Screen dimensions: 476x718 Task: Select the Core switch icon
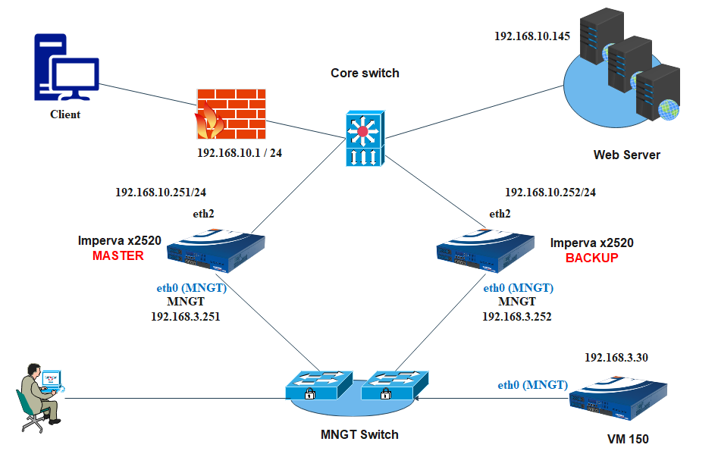(x=365, y=138)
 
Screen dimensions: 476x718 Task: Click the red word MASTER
(x=118, y=256)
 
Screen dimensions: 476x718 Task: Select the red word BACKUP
(x=591, y=258)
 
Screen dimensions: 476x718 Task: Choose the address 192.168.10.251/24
(x=161, y=193)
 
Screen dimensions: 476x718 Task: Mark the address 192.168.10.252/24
(x=550, y=193)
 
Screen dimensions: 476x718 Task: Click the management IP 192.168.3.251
(x=186, y=316)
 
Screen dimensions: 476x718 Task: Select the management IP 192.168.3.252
(x=516, y=316)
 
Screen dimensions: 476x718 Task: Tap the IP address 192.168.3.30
(x=616, y=357)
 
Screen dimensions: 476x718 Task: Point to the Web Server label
(x=626, y=155)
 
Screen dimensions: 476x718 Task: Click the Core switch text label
(x=365, y=74)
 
